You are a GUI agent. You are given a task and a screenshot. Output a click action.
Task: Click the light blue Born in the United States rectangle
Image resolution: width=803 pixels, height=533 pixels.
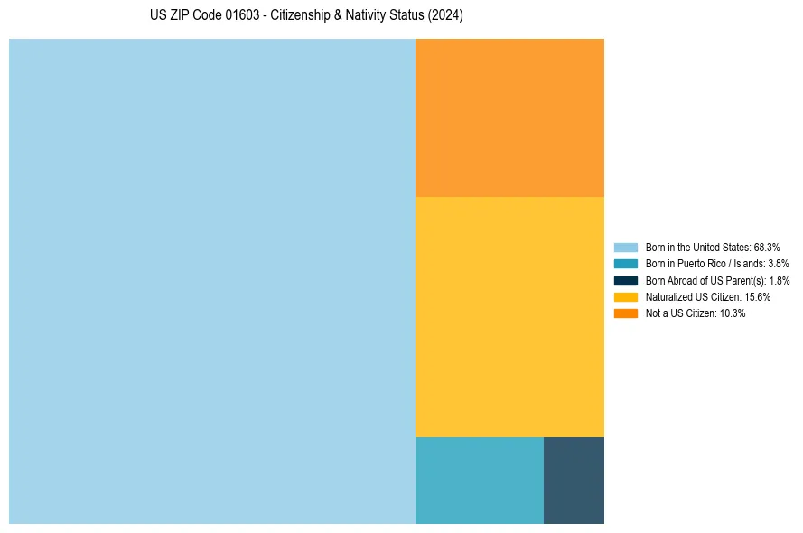coord(212,281)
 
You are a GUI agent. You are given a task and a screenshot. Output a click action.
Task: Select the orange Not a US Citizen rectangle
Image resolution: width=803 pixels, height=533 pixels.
coord(509,117)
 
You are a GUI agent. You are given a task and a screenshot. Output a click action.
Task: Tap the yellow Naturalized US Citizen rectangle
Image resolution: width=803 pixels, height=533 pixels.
coord(509,317)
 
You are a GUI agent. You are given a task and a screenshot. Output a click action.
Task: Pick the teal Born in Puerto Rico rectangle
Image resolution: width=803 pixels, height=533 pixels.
coord(479,481)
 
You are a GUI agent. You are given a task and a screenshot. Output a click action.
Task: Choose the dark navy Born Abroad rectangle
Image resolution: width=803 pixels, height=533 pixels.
coord(574,481)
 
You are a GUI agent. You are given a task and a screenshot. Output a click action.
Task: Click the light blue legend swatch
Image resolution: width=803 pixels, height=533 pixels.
coord(625,247)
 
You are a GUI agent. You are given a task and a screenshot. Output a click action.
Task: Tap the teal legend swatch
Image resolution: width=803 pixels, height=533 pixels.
coord(625,264)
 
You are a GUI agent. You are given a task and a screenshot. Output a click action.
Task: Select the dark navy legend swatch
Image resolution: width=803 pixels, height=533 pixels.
coord(625,280)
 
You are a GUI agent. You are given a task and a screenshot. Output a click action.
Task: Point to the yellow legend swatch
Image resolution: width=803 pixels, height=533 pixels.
coord(625,296)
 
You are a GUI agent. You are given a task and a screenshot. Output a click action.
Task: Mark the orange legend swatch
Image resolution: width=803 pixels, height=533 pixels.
coord(625,313)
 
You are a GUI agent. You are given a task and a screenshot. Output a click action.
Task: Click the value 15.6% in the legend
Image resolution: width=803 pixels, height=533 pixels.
coord(757,296)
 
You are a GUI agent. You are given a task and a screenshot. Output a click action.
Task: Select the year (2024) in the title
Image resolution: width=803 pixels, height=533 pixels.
coord(447,16)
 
